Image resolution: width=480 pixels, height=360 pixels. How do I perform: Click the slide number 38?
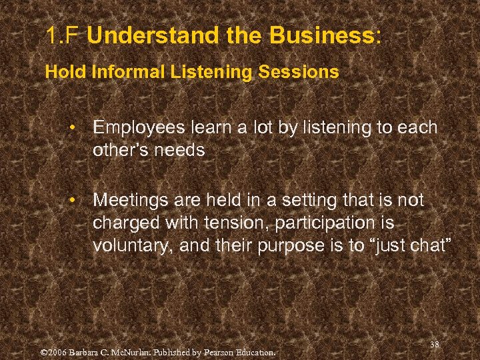pos(435,344)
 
